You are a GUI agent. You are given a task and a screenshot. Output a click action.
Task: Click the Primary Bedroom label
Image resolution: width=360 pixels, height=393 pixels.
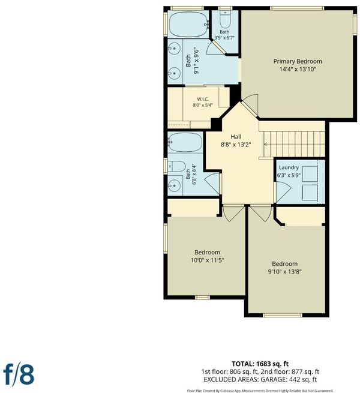[x=298, y=61]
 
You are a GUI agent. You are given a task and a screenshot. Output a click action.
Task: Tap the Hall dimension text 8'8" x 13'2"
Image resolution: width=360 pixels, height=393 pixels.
[x=236, y=145]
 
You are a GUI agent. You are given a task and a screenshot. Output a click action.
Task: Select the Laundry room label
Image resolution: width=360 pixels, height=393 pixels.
[x=289, y=167]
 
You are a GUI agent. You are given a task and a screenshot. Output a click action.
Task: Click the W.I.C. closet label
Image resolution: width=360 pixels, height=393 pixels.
[x=203, y=99]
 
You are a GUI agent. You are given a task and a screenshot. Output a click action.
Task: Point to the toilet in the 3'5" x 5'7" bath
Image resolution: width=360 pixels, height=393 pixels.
[x=225, y=20]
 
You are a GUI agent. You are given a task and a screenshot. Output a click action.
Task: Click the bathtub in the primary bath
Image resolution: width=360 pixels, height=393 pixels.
[x=188, y=25]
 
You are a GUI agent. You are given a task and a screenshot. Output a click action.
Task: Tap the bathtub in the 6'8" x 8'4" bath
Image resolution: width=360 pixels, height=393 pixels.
[x=185, y=142]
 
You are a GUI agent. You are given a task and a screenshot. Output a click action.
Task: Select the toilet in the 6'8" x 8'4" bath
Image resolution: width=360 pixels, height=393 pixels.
[x=176, y=166]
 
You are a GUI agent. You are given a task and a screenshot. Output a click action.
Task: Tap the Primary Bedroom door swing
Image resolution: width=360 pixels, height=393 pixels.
[x=250, y=104]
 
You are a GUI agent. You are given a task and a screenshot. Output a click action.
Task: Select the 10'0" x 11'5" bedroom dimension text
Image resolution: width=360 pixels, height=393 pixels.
[x=208, y=260]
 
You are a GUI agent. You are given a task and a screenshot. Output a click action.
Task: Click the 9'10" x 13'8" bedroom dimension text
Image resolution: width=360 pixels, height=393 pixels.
[x=284, y=272]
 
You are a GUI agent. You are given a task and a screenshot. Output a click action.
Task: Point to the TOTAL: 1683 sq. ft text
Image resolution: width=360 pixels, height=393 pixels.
[x=260, y=364]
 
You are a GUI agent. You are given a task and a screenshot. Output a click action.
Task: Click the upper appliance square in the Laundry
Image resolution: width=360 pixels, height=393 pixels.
[x=310, y=173]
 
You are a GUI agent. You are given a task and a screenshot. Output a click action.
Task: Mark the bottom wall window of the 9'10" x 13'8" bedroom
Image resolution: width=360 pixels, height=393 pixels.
[x=283, y=315]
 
